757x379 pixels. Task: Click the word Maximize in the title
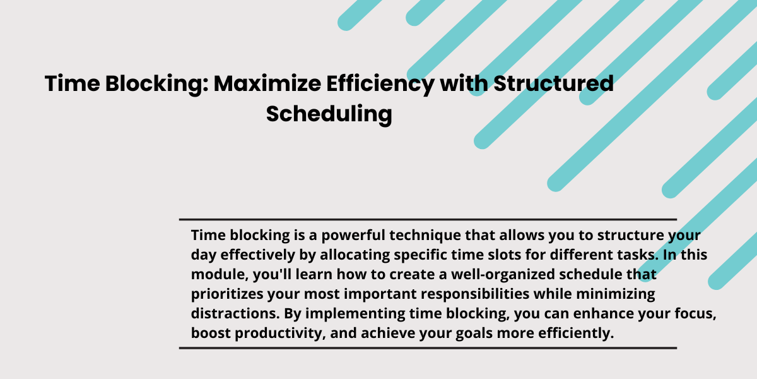[x=267, y=83]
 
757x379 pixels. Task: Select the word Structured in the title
[x=554, y=83]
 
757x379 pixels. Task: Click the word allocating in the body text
[x=355, y=255]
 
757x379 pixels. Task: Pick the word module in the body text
[x=220, y=274]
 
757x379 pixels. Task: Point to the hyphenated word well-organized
[x=503, y=275]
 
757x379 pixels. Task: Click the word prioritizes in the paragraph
[x=227, y=294]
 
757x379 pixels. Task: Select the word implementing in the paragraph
[x=355, y=314]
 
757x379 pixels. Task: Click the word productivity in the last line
[x=280, y=334]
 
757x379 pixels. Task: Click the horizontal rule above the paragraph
[x=428, y=220]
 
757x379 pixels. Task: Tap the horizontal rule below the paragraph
[x=428, y=348]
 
